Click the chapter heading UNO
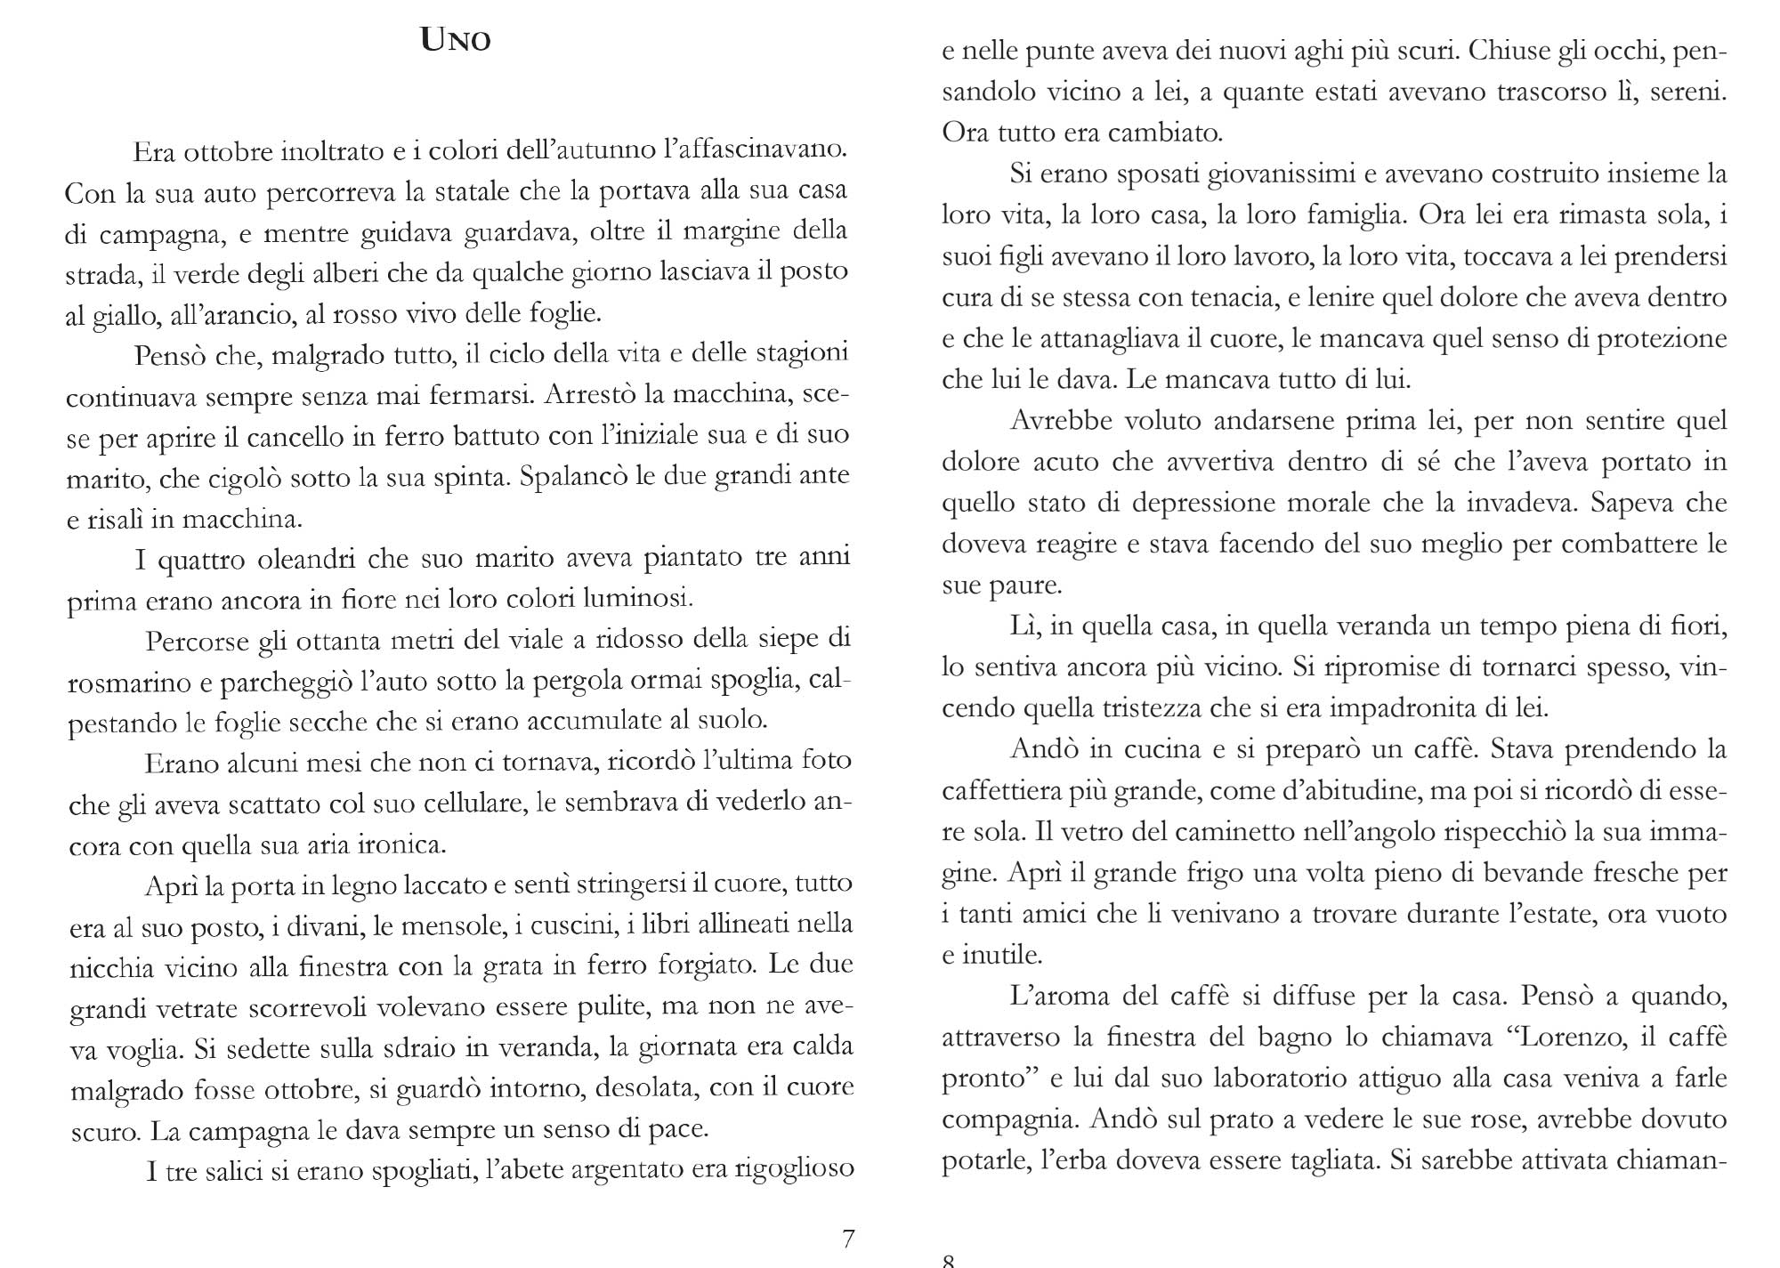click(x=456, y=41)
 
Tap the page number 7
click(x=848, y=1238)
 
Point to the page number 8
click(x=948, y=1260)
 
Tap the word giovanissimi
click(x=1276, y=174)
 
